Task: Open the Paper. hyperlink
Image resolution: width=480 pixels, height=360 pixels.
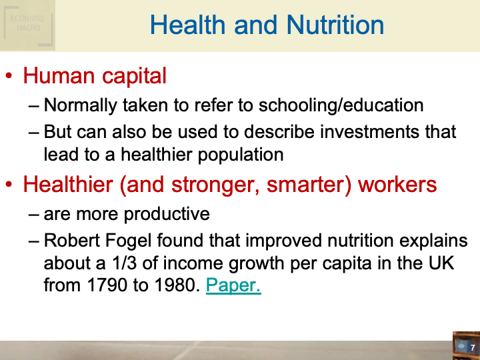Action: click(x=233, y=285)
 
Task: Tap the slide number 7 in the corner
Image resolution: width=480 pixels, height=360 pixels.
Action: click(x=472, y=348)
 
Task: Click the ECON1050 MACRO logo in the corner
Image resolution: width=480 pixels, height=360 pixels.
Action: click(x=27, y=25)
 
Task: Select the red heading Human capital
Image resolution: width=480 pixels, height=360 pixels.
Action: click(x=95, y=76)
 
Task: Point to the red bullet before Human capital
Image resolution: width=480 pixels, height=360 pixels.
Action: click(x=9, y=77)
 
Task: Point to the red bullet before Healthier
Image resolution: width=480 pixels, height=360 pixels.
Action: click(x=9, y=185)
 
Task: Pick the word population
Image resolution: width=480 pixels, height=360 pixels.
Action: click(x=235, y=154)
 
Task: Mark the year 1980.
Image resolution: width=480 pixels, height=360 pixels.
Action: click(x=169, y=285)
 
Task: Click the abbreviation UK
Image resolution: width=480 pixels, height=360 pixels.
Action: click(x=440, y=263)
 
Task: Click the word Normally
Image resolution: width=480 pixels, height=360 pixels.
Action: click(x=84, y=105)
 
